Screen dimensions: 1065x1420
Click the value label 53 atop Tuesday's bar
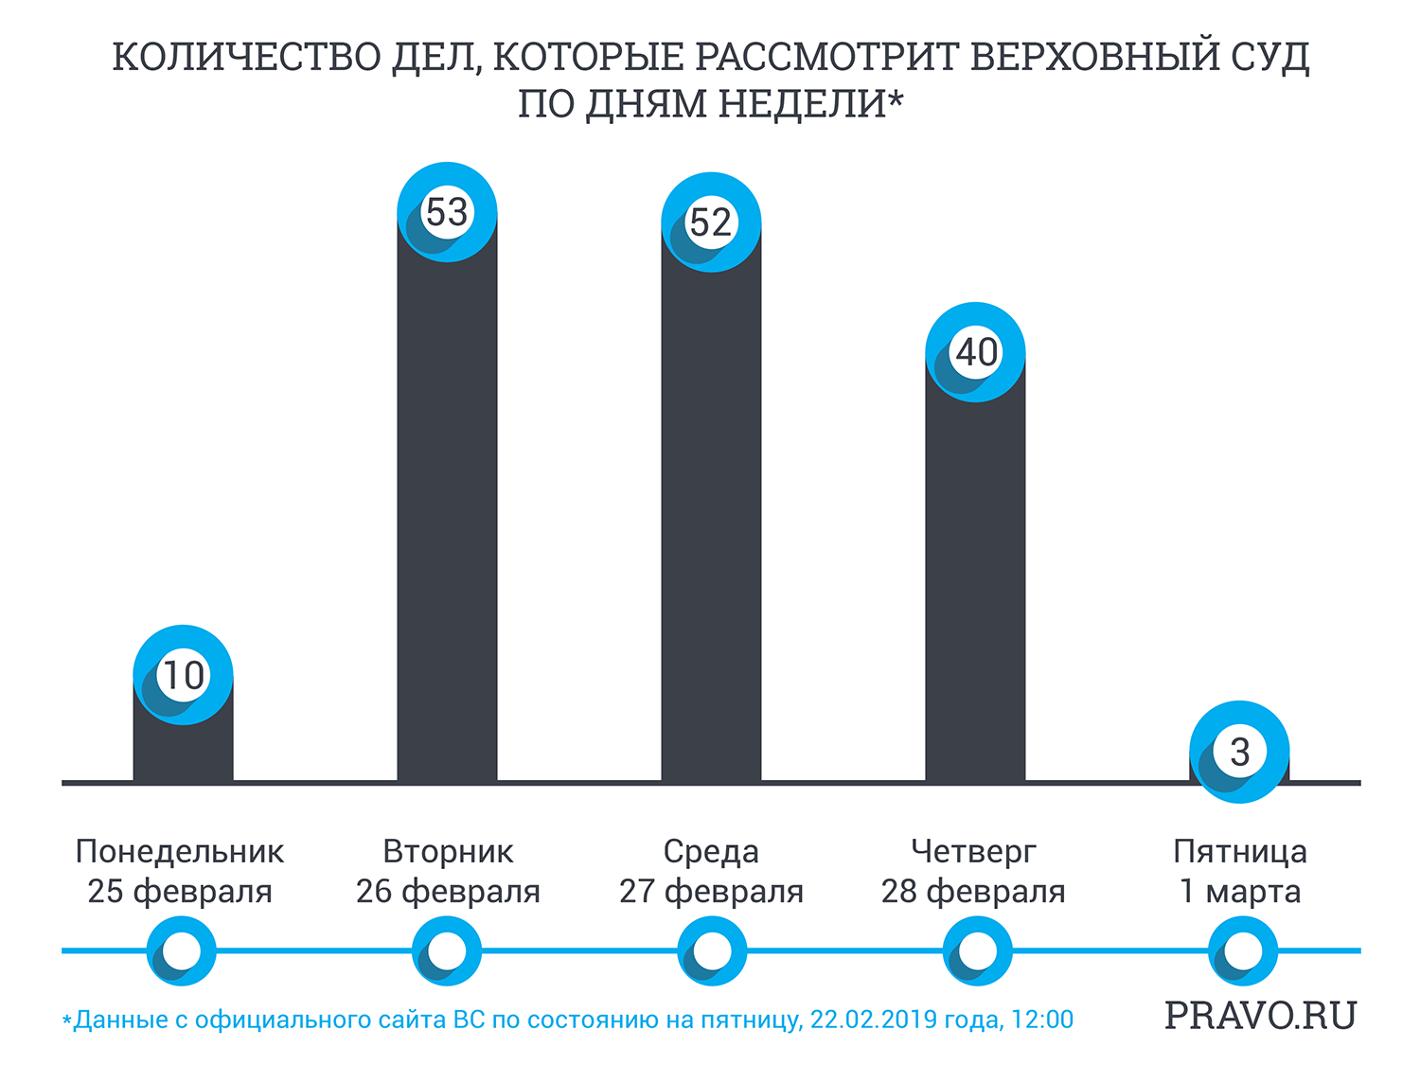(447, 212)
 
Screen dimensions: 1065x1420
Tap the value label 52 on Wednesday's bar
(710, 222)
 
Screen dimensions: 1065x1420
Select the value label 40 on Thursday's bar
(976, 352)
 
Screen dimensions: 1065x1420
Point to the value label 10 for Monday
(184, 675)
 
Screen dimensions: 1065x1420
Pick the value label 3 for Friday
(1239, 752)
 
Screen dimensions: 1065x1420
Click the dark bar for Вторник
(447, 521)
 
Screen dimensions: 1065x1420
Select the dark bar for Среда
(710, 521)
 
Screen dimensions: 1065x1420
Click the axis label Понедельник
(180, 851)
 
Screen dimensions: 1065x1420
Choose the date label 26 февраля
(448, 892)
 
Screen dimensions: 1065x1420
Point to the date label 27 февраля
(711, 892)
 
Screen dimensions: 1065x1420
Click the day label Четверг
(973, 851)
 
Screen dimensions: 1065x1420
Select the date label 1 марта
(1239, 892)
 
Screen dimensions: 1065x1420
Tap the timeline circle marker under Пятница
(1243, 950)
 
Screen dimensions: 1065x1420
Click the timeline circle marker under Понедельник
(182, 950)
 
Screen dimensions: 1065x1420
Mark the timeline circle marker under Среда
(712, 950)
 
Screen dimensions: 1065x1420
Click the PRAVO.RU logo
(1260, 1015)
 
